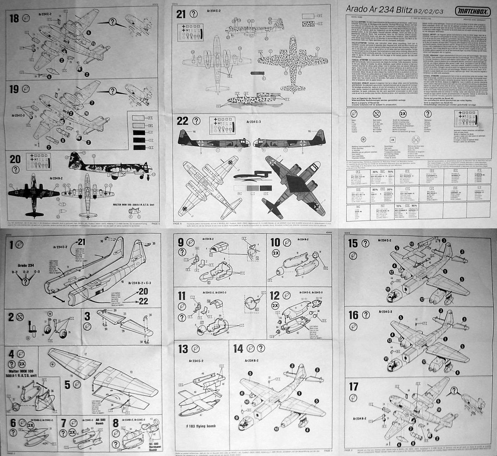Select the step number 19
point(14,88)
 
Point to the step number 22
point(183,121)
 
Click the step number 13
point(183,349)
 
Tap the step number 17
point(353,387)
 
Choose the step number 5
point(65,384)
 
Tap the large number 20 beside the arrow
point(143,291)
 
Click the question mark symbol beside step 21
point(193,14)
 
